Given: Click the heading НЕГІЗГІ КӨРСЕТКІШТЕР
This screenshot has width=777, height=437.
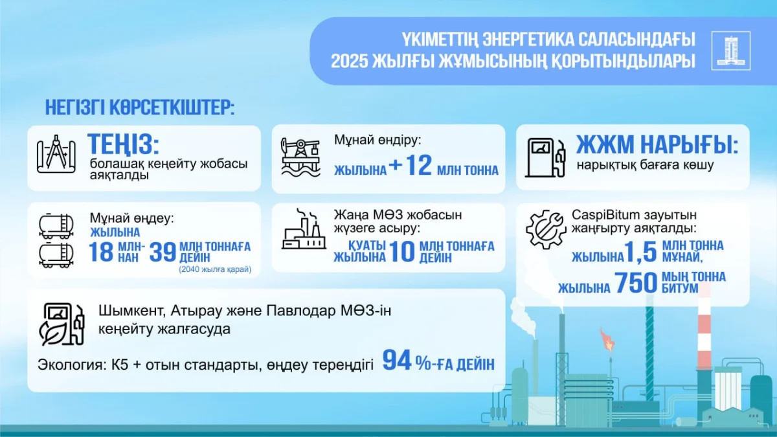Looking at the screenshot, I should [x=140, y=107].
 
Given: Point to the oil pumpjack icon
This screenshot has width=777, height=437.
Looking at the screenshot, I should [x=300, y=157].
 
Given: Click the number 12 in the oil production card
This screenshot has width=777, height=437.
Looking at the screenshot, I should [x=419, y=166].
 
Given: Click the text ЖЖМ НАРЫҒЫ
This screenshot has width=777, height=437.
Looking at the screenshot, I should [x=657, y=144].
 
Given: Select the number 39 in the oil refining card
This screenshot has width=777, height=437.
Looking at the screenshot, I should [x=163, y=252].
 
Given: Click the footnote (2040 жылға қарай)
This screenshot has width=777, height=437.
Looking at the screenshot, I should [x=215, y=269].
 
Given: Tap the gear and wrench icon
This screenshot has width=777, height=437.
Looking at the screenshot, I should [x=545, y=230].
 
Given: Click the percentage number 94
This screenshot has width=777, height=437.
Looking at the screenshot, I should [x=398, y=361].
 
